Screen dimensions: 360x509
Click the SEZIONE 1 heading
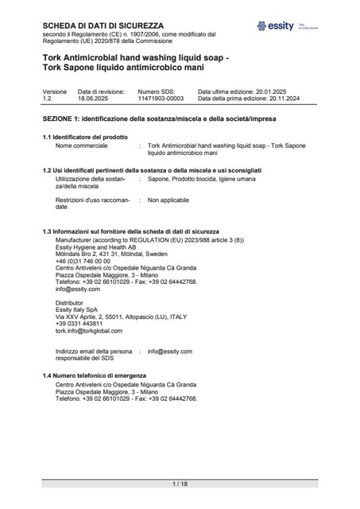(167, 118)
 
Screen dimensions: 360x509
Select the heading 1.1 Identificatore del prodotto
(83, 138)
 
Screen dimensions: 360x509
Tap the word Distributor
(71, 303)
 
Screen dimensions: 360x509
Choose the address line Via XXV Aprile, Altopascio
(121, 317)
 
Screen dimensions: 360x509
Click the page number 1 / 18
(179, 484)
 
